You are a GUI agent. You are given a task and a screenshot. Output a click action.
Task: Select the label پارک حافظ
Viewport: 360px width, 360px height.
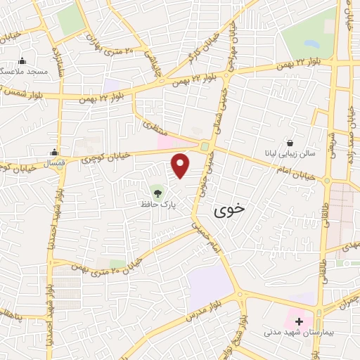(x=156, y=204)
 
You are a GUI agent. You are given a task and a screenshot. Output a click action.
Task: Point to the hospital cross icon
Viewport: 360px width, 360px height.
(x=298, y=321)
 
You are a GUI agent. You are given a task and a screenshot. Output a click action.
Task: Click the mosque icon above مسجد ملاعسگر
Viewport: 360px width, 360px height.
(x=22, y=61)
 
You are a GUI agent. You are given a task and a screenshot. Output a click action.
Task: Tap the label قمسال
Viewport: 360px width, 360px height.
(x=54, y=162)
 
